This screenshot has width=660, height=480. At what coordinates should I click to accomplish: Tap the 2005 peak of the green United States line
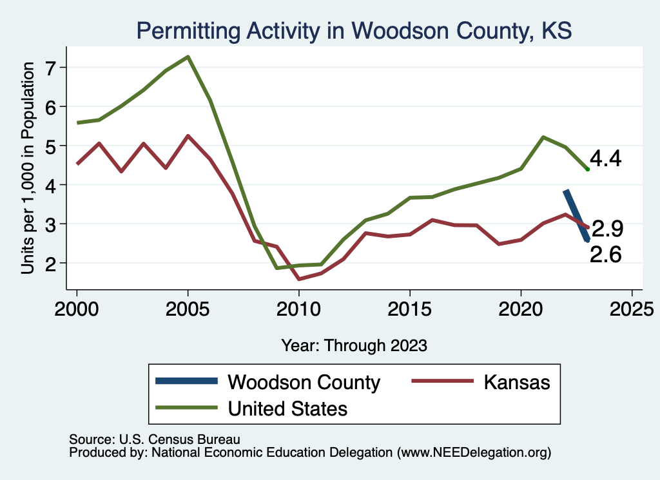(188, 57)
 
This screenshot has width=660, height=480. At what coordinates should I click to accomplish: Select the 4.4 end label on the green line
(606, 158)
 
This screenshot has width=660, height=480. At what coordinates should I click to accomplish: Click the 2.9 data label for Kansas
(608, 229)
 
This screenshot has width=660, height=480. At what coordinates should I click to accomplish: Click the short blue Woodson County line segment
(576, 216)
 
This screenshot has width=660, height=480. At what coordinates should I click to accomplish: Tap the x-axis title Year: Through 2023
(354, 345)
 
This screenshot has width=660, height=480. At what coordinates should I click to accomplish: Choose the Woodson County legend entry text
(304, 382)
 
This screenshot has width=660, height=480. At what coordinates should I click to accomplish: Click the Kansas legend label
(518, 382)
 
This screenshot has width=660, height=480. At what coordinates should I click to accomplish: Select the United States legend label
(288, 408)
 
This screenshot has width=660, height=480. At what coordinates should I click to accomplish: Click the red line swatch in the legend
(439, 382)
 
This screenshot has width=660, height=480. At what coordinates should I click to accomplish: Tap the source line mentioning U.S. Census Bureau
(155, 439)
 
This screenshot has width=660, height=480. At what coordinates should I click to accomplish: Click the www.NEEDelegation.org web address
(475, 452)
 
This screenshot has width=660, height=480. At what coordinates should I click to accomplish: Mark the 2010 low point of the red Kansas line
(298, 279)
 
